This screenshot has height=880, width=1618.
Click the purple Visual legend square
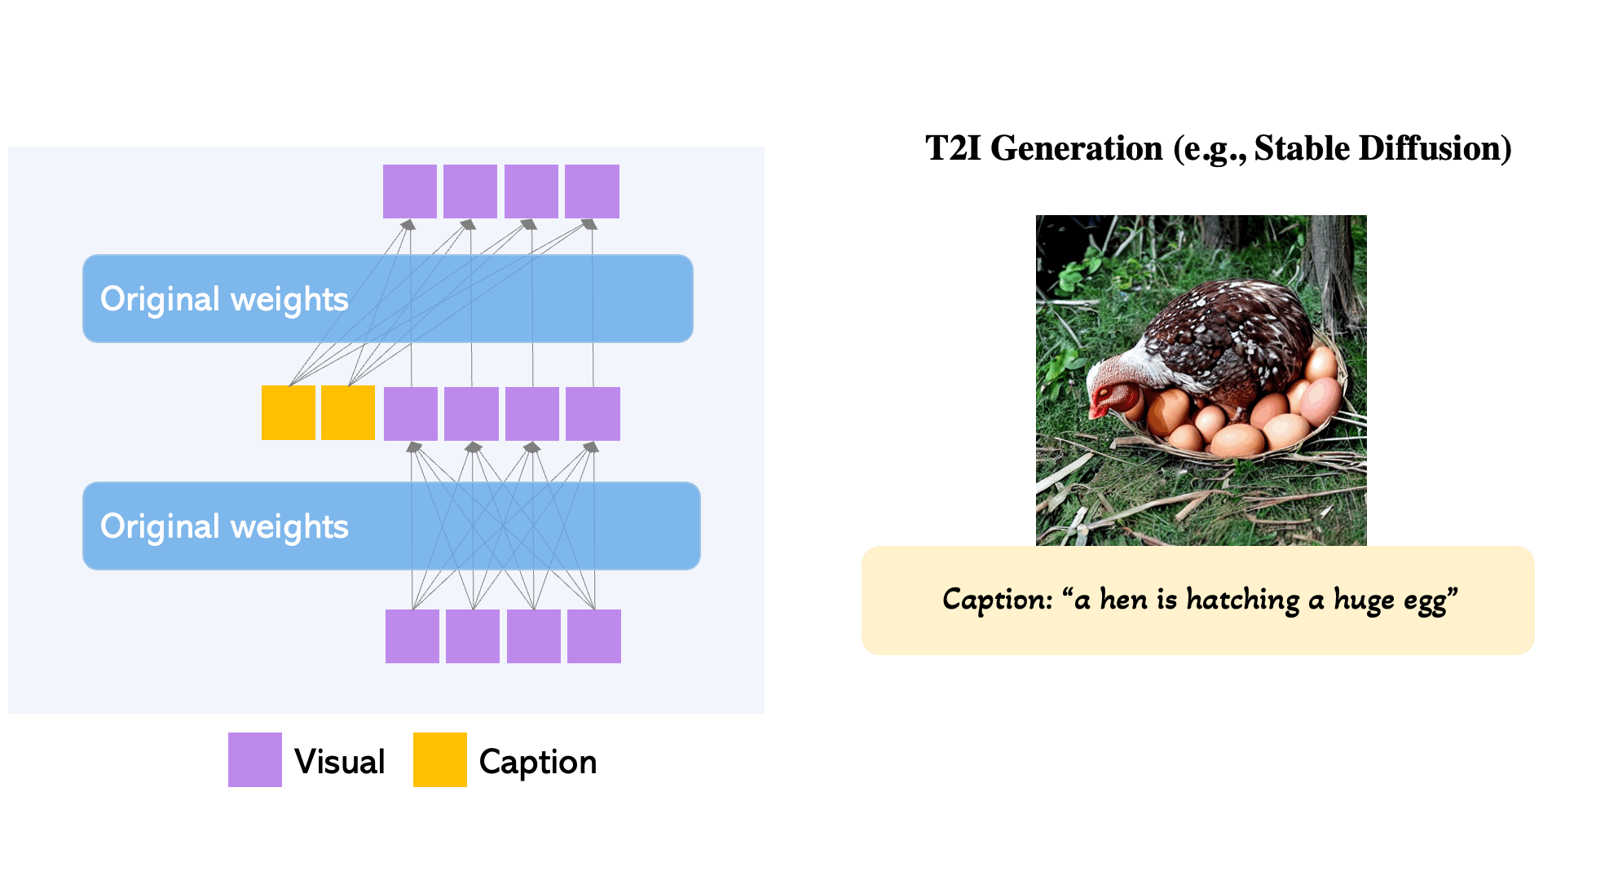click(x=254, y=759)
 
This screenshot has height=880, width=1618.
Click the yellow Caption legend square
click(x=439, y=759)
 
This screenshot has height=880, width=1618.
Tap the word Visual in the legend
click(x=339, y=762)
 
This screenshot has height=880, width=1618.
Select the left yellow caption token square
click(x=288, y=412)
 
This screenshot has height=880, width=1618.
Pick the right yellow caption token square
click(x=348, y=412)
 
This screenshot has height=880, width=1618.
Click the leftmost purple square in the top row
click(x=409, y=191)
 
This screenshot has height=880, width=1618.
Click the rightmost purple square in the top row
click(x=592, y=191)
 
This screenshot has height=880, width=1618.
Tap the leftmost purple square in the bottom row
click(x=412, y=636)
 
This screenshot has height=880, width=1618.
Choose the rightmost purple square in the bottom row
click(x=593, y=636)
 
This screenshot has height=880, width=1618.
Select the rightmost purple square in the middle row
click(x=593, y=414)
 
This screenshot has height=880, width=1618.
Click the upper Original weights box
click(x=387, y=298)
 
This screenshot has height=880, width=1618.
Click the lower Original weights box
click(x=391, y=526)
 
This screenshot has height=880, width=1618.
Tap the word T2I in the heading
click(x=953, y=148)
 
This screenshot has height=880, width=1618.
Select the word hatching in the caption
click(x=1242, y=600)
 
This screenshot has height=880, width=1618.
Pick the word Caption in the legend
click(x=538, y=762)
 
